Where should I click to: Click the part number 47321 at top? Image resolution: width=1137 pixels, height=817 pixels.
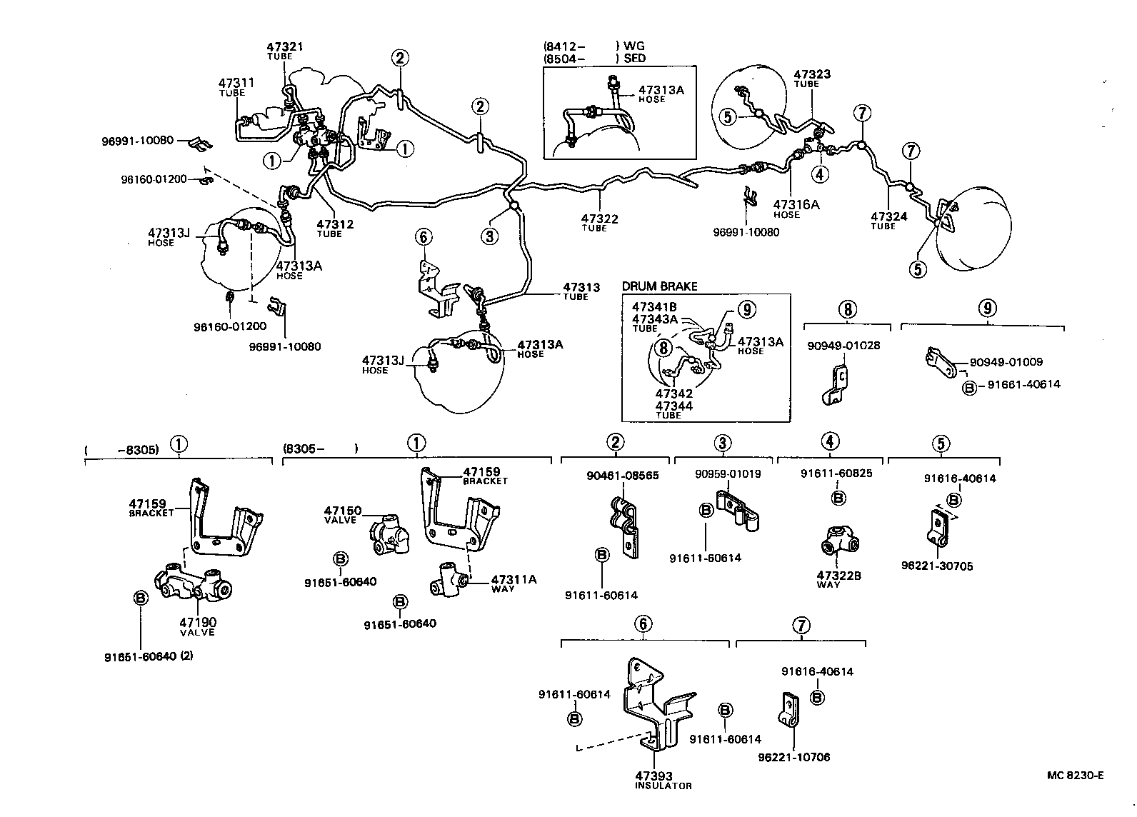pos(285,47)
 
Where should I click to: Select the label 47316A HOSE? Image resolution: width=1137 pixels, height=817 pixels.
pos(796,209)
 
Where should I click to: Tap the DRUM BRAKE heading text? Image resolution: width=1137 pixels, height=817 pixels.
pos(659,286)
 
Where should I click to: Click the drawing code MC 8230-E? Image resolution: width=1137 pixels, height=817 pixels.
pos(1076,776)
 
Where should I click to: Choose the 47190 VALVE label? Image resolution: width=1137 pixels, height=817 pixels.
pos(197,626)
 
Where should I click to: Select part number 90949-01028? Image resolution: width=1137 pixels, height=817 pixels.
pos(843,346)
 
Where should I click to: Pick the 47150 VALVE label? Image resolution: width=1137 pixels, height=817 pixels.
pos(343,514)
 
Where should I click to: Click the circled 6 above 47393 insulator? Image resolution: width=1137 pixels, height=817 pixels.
pos(643,624)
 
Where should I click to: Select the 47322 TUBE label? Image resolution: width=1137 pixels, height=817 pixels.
pos(599,222)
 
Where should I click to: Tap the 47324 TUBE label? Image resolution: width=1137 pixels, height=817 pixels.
pos(888,220)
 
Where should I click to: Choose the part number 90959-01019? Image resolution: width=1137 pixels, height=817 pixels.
pos(728,473)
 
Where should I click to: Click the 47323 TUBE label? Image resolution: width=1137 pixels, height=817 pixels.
pos(812,78)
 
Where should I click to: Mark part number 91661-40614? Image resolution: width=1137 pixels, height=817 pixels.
pos(1023,384)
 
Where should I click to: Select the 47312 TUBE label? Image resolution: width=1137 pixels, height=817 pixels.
pos(335,228)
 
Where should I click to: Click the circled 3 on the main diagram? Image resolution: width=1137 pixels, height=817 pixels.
pos(489,236)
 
